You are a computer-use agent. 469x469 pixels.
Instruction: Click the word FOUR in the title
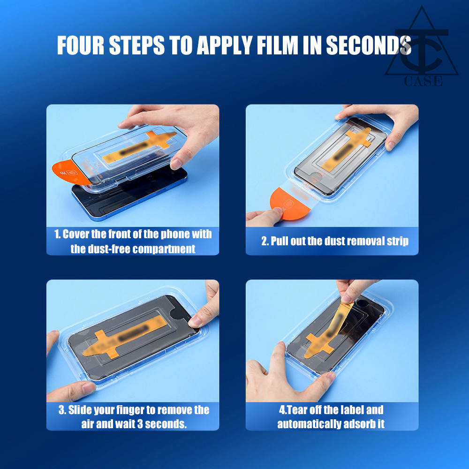[x=81, y=45]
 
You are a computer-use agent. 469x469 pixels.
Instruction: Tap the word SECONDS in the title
[x=369, y=45]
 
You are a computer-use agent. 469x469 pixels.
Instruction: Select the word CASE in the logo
[x=423, y=81]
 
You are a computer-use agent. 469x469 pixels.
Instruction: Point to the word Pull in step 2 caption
[x=280, y=241]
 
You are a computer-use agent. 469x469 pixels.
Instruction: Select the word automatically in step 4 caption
[x=309, y=424]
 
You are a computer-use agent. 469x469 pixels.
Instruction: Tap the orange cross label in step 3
[x=122, y=337]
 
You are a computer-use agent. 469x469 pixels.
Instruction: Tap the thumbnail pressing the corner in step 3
[x=195, y=321]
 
